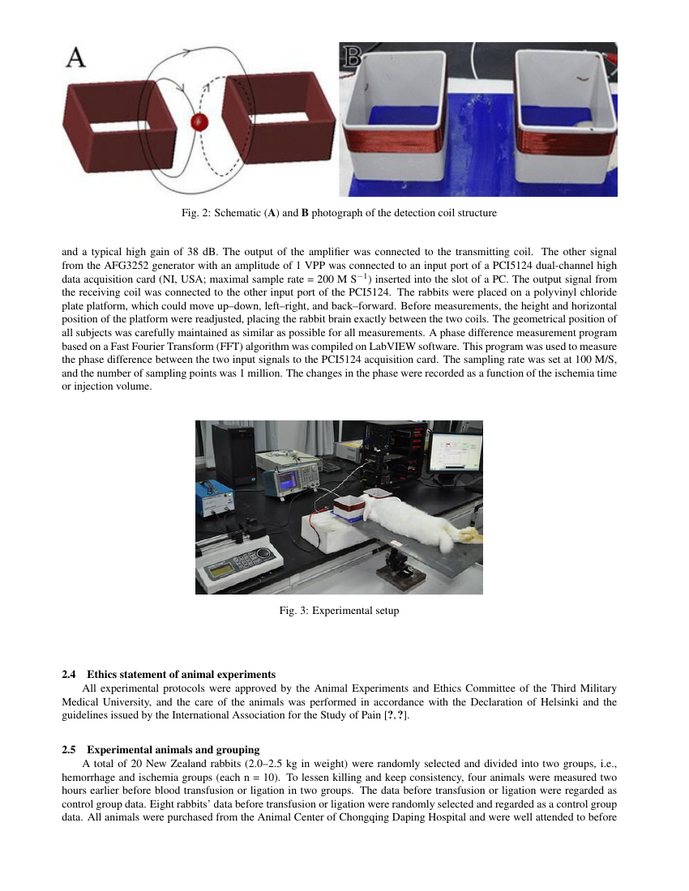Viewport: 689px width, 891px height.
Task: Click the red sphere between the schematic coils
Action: point(199,122)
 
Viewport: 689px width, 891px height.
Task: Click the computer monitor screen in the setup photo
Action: point(456,453)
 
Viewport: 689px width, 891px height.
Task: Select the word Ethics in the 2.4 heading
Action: point(103,674)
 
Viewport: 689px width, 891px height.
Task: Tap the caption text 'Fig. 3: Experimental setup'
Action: point(339,610)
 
